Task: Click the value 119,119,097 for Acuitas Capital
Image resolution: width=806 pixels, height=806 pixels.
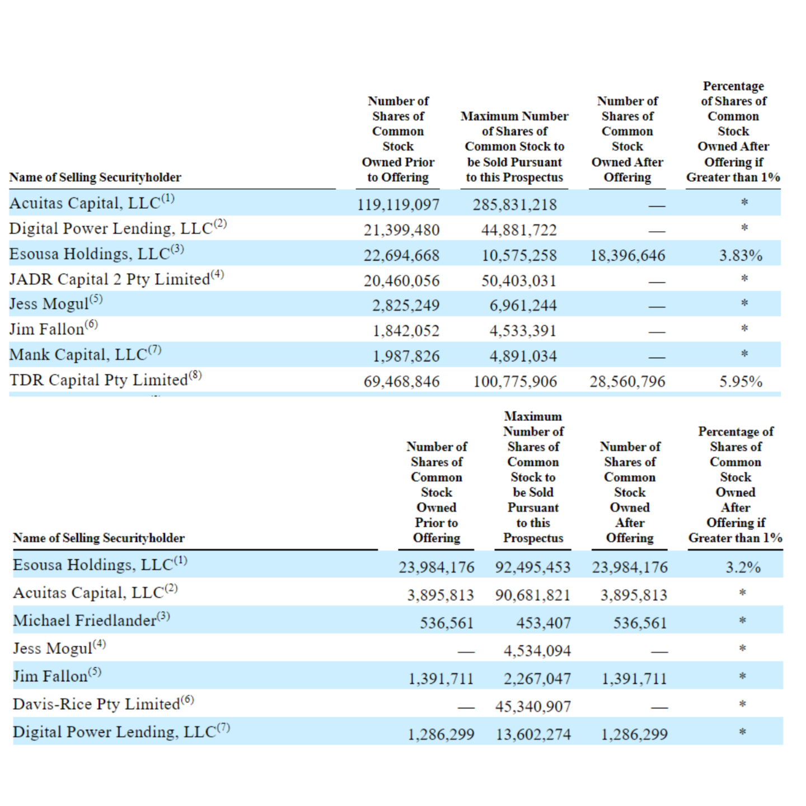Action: click(x=398, y=204)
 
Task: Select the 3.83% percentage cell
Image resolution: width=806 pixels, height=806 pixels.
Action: click(x=741, y=255)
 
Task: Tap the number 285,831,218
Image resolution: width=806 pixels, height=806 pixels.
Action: click(x=514, y=204)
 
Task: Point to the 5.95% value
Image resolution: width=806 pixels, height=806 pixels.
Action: click(x=741, y=382)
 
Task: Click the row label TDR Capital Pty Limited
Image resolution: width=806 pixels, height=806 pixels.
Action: click(x=99, y=380)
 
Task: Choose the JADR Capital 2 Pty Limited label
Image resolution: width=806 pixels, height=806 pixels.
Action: click(x=110, y=279)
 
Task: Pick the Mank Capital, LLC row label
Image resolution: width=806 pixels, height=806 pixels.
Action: click(x=78, y=355)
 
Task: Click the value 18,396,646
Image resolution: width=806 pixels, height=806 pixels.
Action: click(x=627, y=255)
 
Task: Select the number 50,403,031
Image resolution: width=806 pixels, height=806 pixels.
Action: click(x=519, y=280)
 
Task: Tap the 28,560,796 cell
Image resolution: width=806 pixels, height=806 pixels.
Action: click(x=627, y=382)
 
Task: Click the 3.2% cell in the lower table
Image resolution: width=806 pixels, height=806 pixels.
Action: click(x=743, y=567)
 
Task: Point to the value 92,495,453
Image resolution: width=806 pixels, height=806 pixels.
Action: click(x=533, y=567)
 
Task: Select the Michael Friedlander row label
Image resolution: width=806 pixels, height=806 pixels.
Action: click(x=85, y=620)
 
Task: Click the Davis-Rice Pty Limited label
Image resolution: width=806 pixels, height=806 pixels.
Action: click(x=97, y=704)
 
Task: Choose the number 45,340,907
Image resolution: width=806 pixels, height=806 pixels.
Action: click(x=533, y=706)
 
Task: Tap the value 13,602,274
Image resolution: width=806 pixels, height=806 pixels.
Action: click(x=533, y=734)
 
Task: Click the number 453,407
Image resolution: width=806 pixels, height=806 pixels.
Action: click(x=543, y=623)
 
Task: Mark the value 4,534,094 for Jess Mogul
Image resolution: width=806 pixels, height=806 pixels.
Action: click(x=537, y=651)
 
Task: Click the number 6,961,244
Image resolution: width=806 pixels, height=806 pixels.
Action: click(x=523, y=306)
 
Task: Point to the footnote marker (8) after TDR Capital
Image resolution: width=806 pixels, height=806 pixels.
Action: click(x=195, y=375)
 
